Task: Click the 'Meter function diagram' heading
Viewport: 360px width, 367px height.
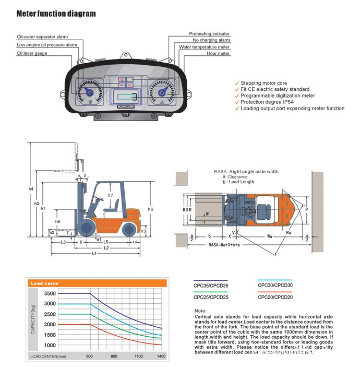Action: coord(56,14)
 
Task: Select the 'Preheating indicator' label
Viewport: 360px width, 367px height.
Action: coord(209,34)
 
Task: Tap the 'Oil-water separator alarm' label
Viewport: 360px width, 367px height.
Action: coord(42,37)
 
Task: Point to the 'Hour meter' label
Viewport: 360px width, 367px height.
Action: coord(218,53)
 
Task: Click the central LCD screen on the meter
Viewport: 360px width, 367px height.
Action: coord(126,97)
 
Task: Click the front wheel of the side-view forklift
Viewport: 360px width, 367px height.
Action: coord(86,227)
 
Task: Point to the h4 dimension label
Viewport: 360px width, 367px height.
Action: coord(31,188)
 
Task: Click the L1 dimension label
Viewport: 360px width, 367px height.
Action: coord(94,254)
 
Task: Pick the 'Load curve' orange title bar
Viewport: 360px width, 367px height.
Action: coord(97,283)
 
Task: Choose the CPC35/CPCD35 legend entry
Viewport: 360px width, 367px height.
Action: coord(210,285)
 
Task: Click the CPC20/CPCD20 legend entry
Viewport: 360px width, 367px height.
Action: coord(275,297)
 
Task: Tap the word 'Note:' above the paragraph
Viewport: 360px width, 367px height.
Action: coord(200,311)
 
